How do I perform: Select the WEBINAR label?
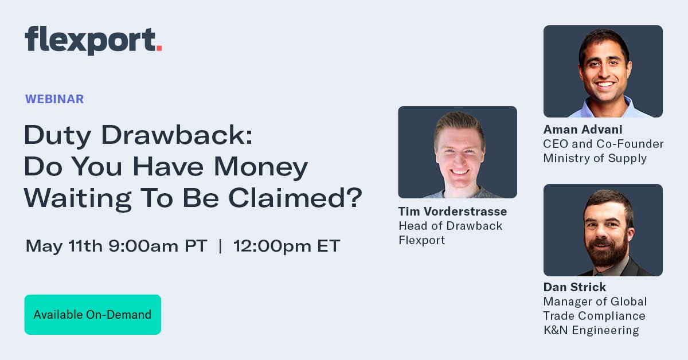click(x=54, y=99)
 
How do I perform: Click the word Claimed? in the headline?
click(x=296, y=197)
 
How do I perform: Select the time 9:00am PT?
click(x=157, y=246)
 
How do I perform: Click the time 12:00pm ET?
click(x=287, y=246)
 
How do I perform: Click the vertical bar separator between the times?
click(x=220, y=246)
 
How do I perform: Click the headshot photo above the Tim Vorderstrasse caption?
click(x=457, y=152)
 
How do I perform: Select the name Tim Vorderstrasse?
click(x=452, y=212)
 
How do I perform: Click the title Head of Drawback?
click(x=450, y=226)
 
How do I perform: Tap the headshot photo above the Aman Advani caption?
click(x=603, y=71)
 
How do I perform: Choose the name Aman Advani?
click(x=583, y=130)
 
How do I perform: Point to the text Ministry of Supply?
click(x=595, y=158)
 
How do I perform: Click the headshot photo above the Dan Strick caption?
click(x=603, y=230)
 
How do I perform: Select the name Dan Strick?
click(x=574, y=287)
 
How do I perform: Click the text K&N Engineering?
click(x=591, y=330)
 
